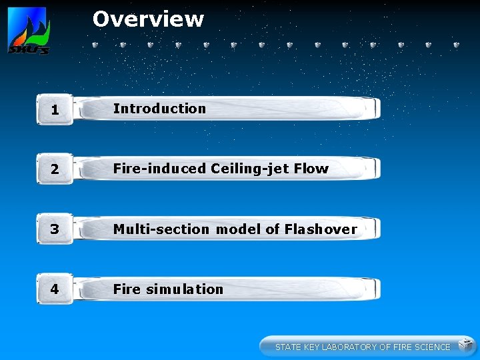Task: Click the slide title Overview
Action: tap(148, 19)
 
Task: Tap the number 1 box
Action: tap(55, 109)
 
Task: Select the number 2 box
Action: tap(55, 169)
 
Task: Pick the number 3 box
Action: tap(55, 229)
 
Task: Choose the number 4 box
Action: tap(55, 289)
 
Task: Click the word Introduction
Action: tap(159, 108)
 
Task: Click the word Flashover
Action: tap(321, 229)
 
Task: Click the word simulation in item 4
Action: tap(185, 289)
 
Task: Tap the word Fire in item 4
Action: tap(127, 289)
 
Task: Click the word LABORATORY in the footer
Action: tap(349, 347)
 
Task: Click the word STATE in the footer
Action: tap(288, 347)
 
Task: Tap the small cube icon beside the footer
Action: tap(465, 345)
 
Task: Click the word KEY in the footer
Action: tap(311, 347)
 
